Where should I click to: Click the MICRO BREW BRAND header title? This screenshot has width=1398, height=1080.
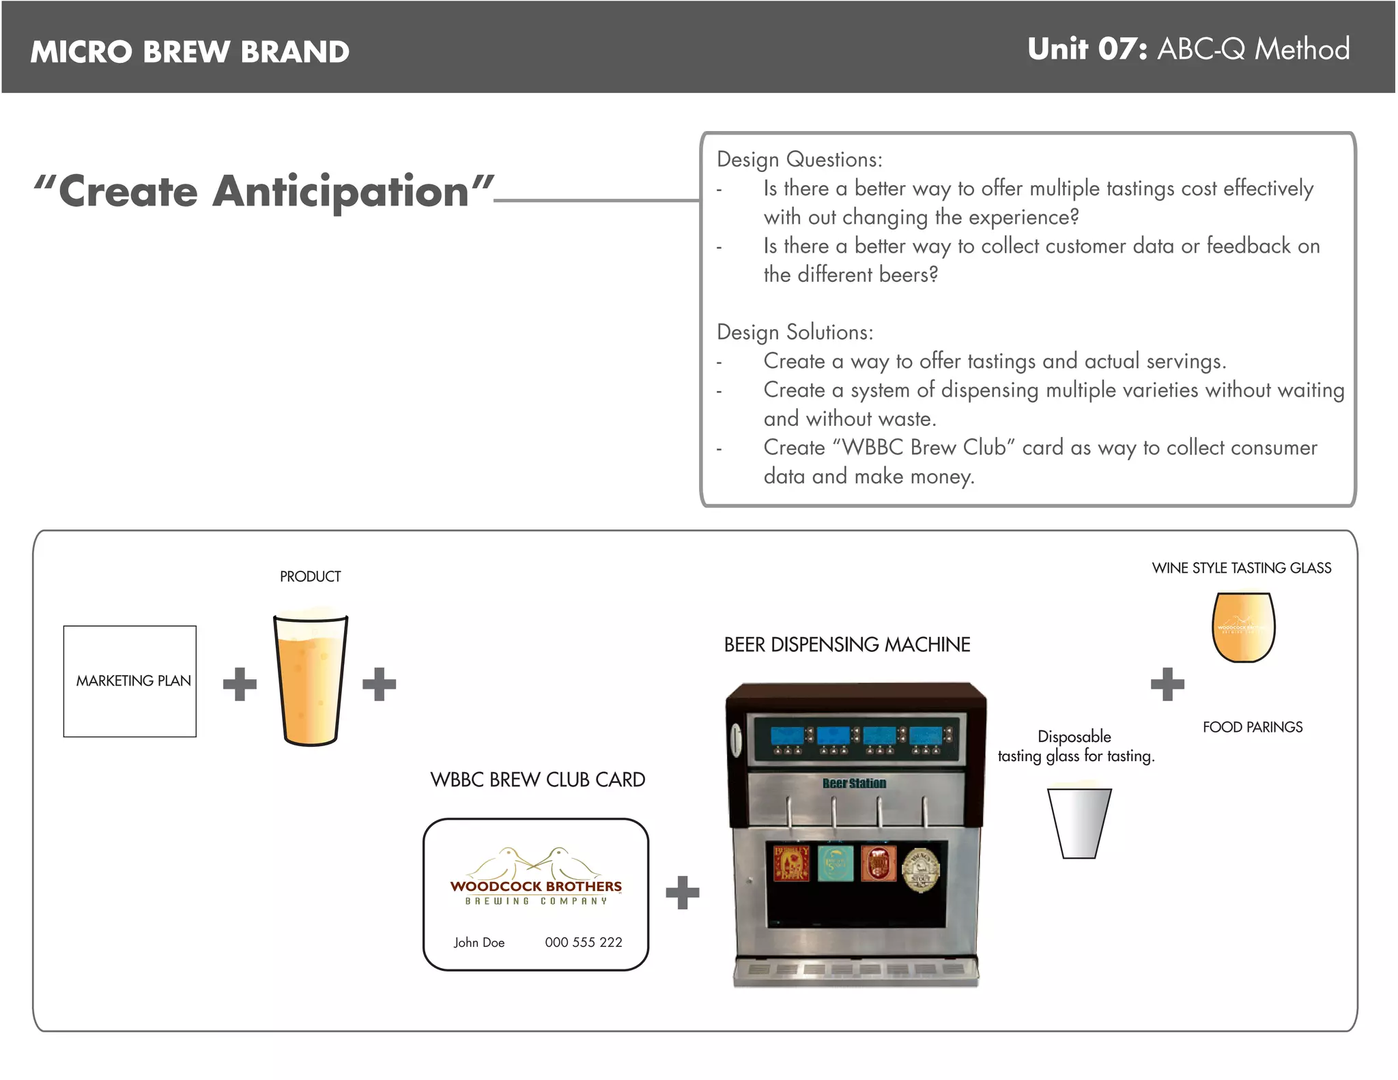pos(190,52)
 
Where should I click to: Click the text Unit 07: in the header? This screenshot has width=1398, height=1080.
pos(1087,49)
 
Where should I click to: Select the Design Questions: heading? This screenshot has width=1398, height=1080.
pos(799,160)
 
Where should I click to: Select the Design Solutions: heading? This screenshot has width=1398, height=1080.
pos(795,332)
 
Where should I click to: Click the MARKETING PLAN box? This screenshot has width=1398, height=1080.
pos(130,681)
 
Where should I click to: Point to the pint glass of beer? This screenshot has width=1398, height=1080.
pos(311,679)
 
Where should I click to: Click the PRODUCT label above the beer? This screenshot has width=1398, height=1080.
pos(310,577)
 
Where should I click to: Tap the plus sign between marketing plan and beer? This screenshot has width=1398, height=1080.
pos(240,684)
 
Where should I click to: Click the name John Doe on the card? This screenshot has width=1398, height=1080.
pos(479,942)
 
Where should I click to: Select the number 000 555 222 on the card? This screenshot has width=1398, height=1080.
pos(583,942)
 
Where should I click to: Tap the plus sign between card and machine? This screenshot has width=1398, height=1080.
pos(682,892)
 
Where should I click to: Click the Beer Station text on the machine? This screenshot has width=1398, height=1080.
pos(854,783)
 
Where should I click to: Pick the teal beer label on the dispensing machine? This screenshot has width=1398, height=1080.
pos(836,864)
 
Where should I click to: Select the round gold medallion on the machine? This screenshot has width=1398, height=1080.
pos(920,870)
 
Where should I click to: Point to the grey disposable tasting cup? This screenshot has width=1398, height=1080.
pos(1079,823)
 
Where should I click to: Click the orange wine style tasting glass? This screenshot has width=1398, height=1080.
pos(1243,627)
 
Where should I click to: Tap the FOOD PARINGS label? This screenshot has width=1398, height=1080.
pos(1252,727)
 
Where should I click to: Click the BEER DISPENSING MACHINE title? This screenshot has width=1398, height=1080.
pos(846,644)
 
